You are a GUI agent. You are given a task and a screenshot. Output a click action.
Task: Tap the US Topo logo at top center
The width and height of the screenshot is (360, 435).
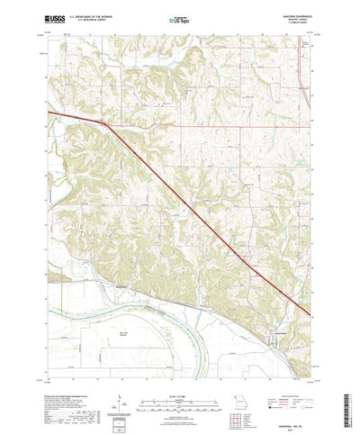pos(179,18)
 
